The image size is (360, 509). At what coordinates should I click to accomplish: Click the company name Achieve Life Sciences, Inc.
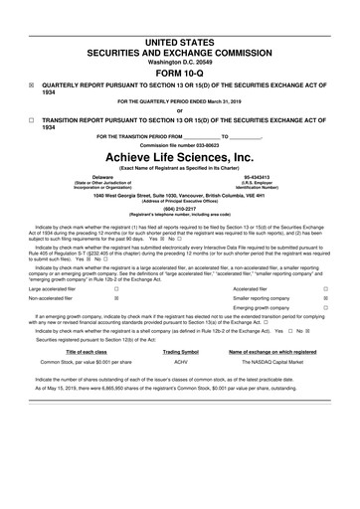(x=180, y=158)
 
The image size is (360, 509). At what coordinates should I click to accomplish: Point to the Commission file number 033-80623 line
(x=180, y=145)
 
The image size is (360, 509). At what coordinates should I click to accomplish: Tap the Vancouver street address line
(x=180, y=195)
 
